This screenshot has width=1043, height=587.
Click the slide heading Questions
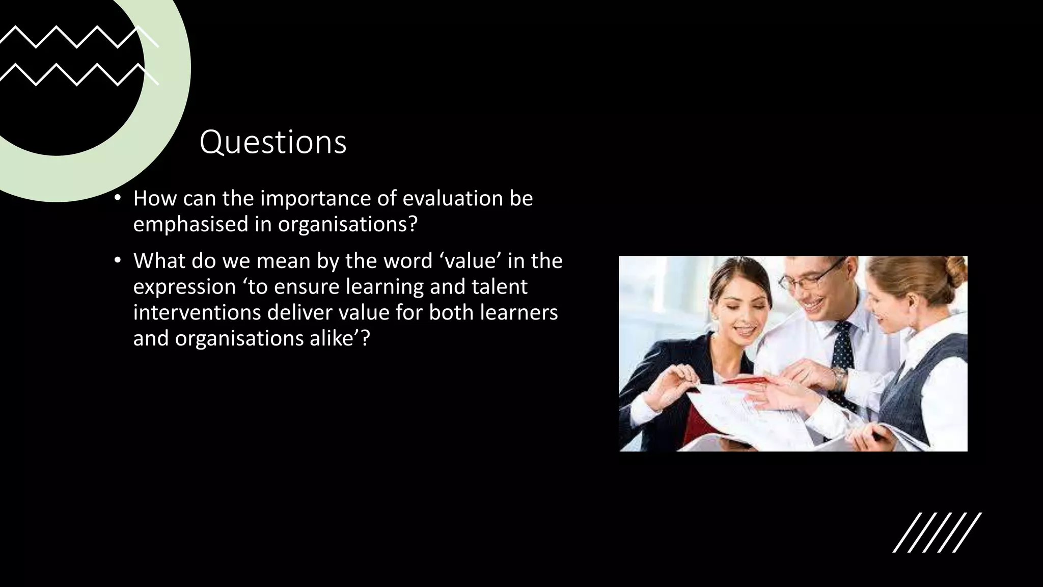click(273, 142)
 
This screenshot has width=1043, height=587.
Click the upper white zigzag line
click(76, 37)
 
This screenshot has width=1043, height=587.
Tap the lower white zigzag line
click(76, 74)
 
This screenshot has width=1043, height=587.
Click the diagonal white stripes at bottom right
click(937, 532)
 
